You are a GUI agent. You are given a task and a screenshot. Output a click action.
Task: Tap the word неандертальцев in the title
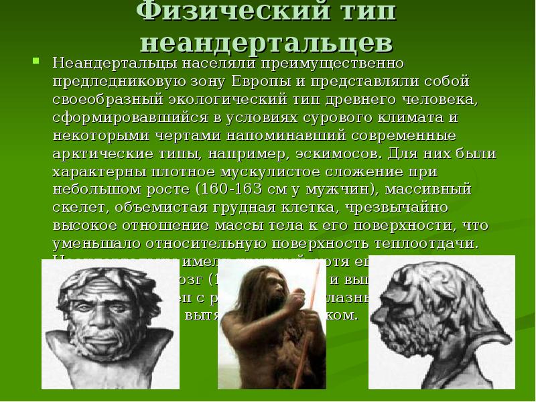coord(267,42)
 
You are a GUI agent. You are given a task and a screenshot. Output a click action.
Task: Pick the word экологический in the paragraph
coord(230,99)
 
